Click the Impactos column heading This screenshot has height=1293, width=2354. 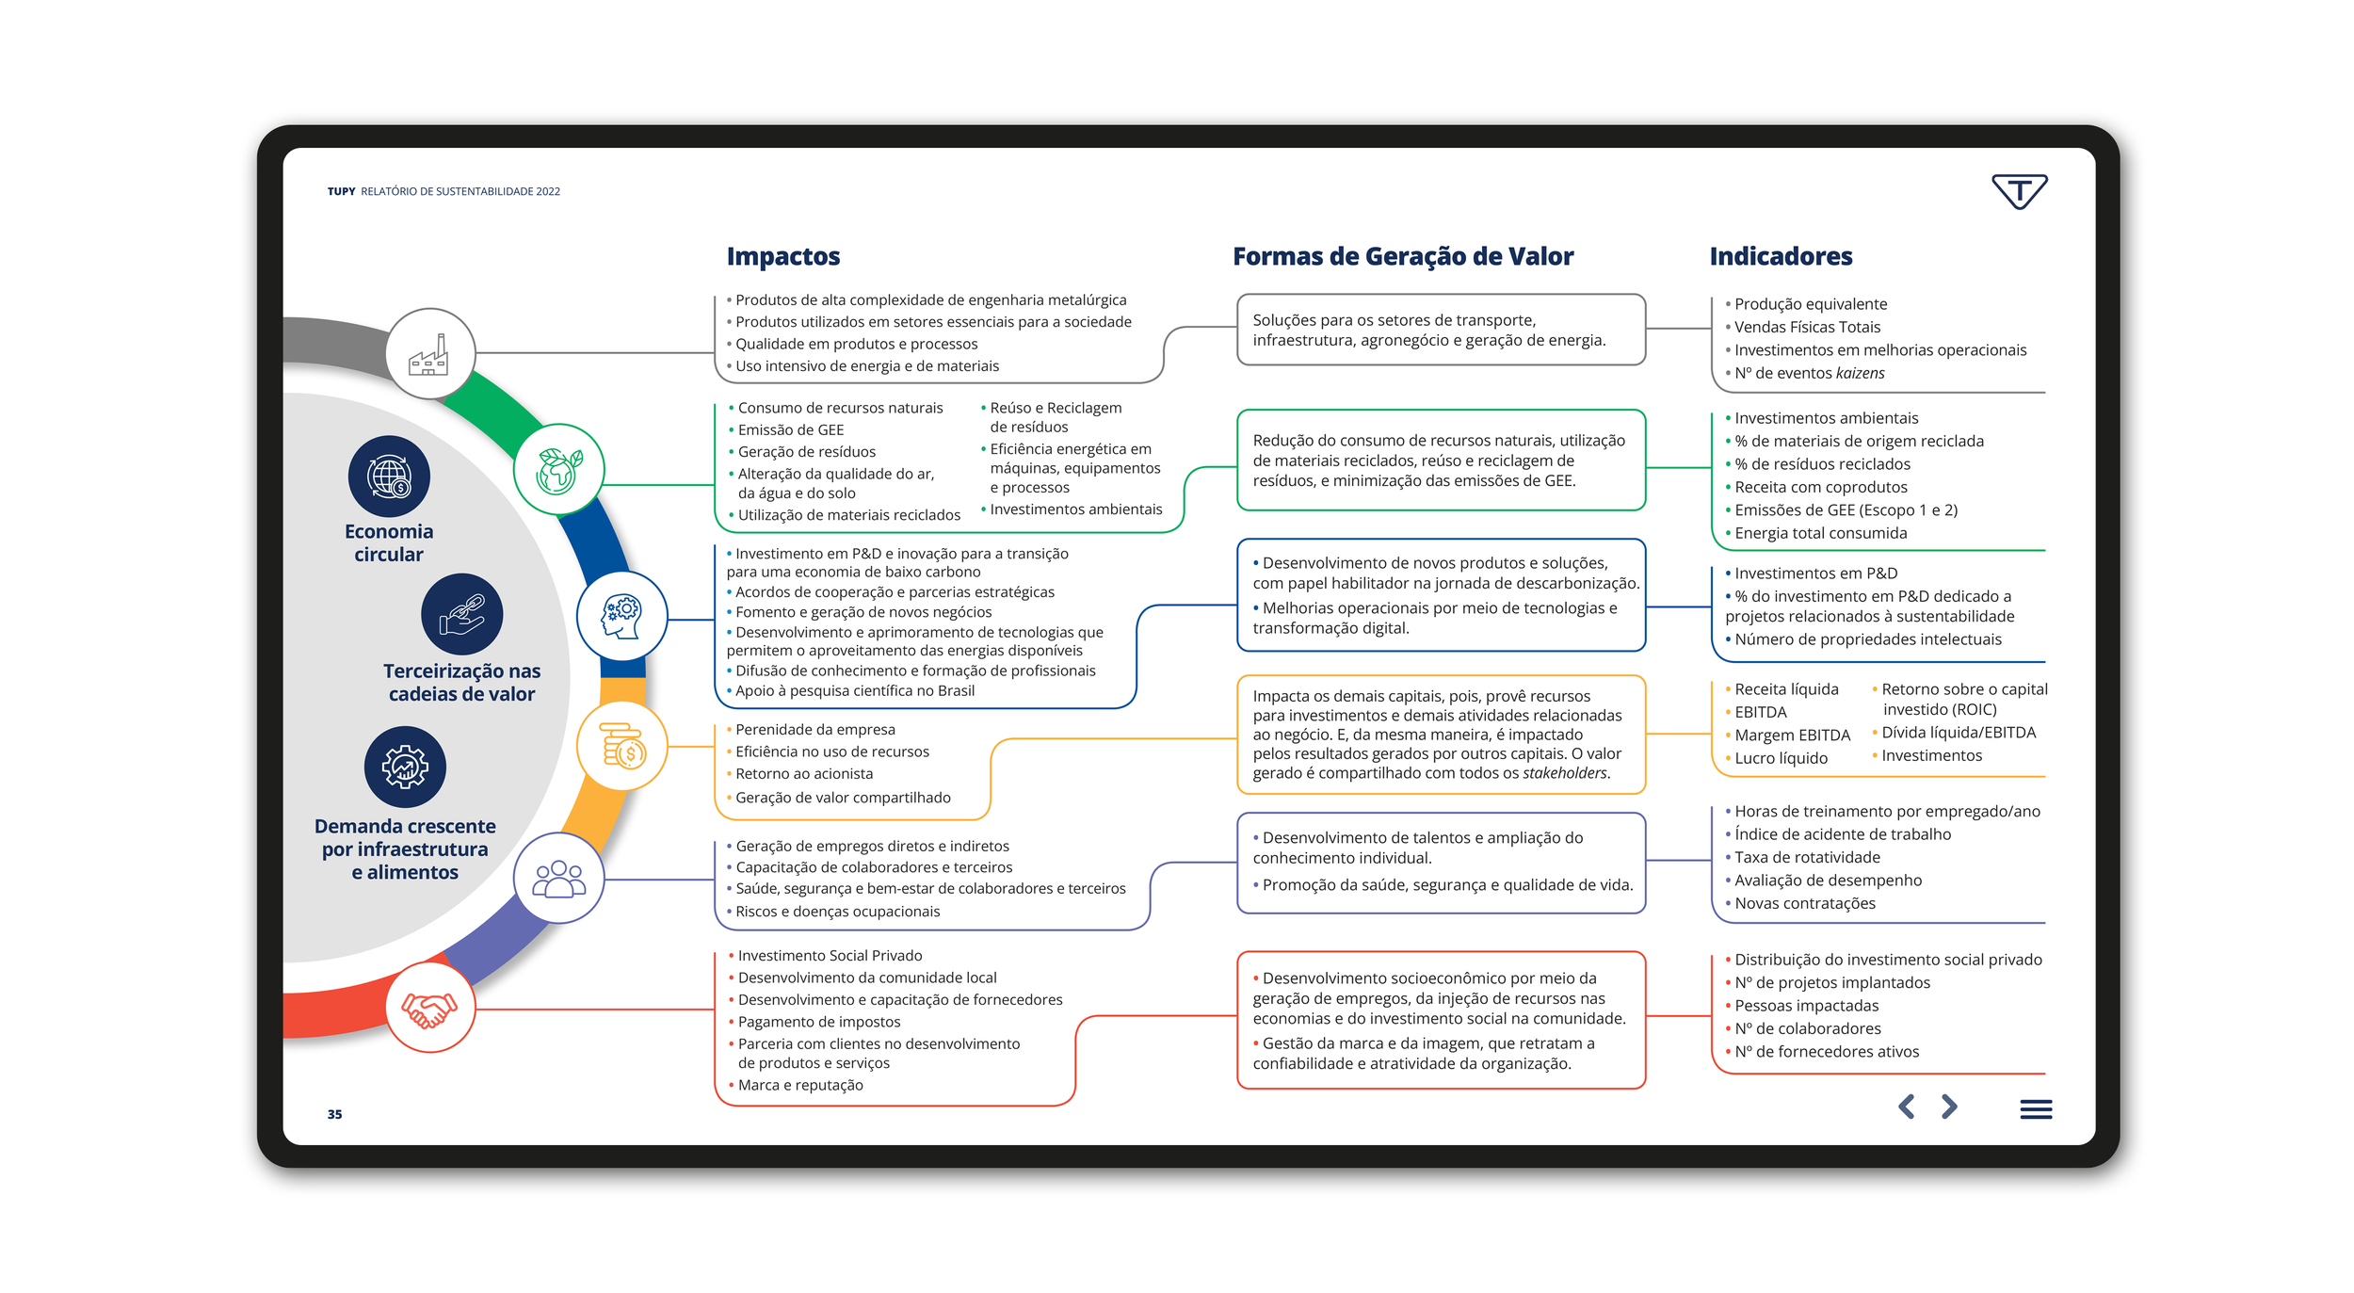point(782,256)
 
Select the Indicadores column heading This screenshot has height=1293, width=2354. point(1780,256)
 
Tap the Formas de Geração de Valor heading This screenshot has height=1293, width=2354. point(1402,256)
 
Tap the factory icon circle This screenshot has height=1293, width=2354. point(429,354)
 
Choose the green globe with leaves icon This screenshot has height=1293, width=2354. point(558,470)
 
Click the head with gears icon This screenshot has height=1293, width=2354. point(621,616)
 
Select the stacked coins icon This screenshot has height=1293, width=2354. point(621,745)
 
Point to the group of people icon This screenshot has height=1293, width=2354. point(558,878)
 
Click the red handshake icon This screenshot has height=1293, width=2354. point(429,1008)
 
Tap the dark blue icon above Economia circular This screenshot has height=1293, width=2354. point(389,477)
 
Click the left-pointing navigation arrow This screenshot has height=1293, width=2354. point(1906,1107)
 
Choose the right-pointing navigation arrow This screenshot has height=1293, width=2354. point(1949,1107)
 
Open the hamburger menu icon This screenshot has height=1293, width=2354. point(2035,1109)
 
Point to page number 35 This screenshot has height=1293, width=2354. point(334,1114)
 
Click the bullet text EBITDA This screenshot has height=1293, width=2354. point(1760,712)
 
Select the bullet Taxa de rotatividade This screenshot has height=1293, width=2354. point(1806,857)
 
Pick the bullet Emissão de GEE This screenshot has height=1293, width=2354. point(790,429)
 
